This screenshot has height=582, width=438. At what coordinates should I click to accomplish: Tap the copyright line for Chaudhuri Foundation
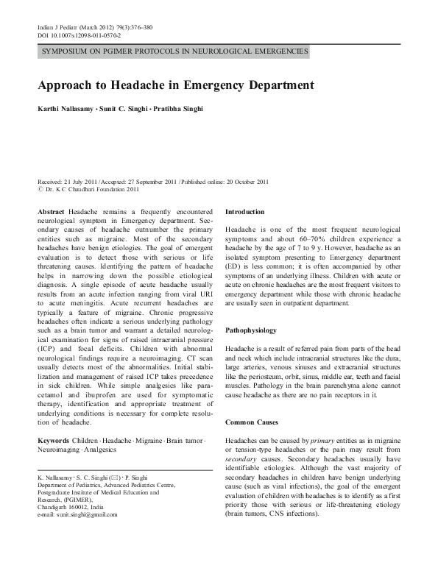point(83,188)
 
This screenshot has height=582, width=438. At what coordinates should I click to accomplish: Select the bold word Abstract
point(50,210)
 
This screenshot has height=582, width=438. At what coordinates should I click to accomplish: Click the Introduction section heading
point(248,210)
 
